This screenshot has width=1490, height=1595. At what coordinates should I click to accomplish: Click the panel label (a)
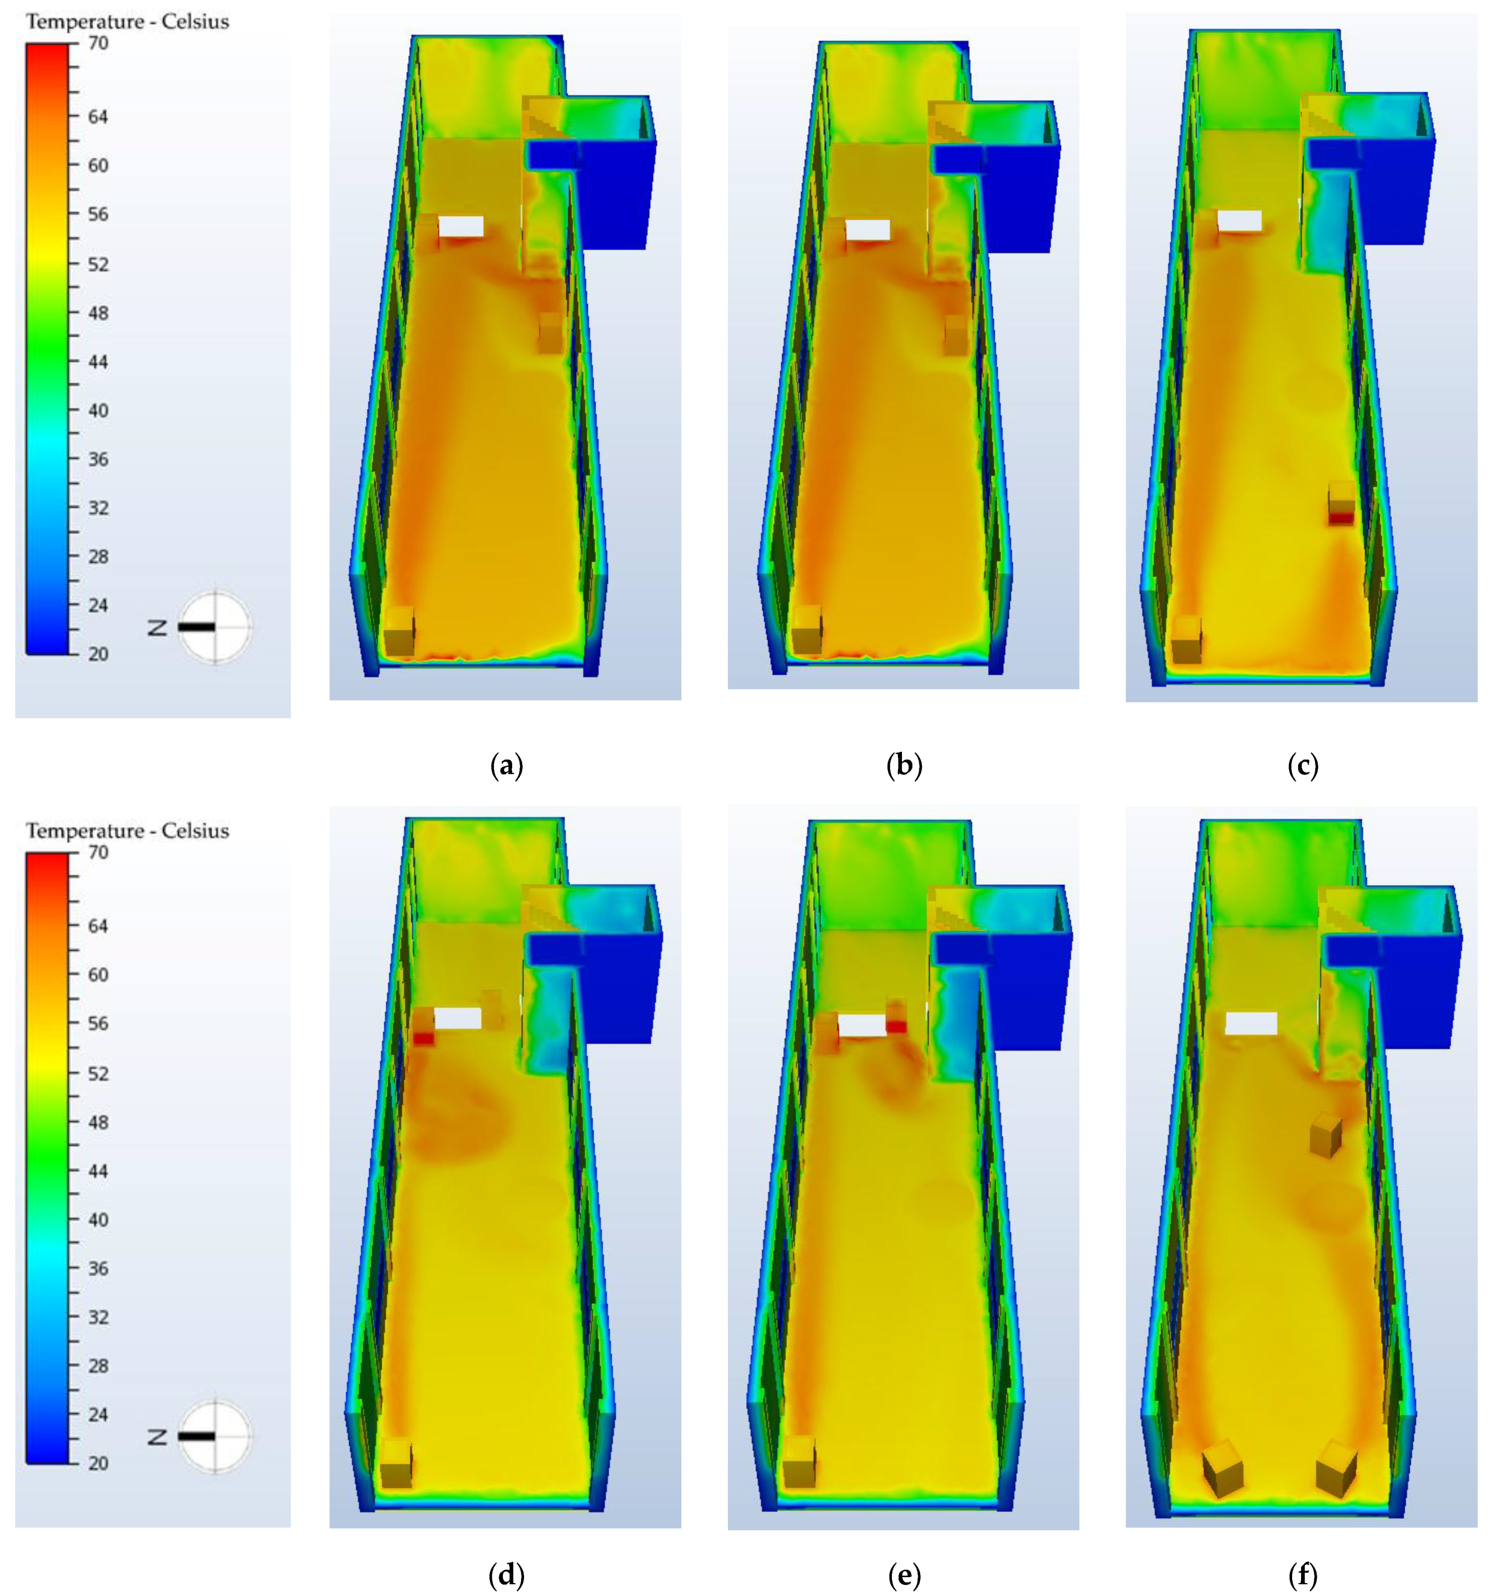506,766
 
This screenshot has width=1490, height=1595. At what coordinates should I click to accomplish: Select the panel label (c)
1303,766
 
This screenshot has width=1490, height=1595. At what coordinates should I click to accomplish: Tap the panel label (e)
904,1576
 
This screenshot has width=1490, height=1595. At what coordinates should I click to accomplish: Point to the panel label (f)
1303,1576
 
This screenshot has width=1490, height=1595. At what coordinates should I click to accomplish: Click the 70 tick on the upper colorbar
98,43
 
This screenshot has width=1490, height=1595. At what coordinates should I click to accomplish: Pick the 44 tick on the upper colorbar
98,362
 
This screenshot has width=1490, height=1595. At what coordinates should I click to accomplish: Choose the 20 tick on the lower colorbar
98,1463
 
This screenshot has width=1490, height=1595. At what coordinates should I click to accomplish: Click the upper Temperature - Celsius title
127,22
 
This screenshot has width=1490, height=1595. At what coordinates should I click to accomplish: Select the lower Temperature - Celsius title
127,830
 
